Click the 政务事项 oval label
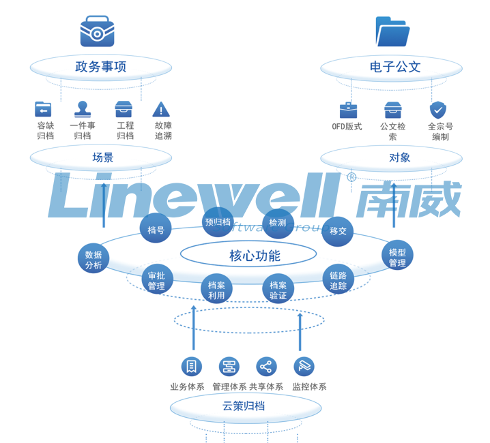100,67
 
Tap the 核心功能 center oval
248,256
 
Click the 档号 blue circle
156,230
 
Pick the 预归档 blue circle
218,222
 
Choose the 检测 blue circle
278,223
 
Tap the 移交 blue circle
338,231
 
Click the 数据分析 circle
93,260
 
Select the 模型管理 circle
397,256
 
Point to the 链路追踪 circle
338,280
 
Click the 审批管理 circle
156,280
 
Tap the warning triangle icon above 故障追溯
161,109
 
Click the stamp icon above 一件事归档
83,109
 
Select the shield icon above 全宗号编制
437,110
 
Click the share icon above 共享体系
266,367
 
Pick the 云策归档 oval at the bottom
245,407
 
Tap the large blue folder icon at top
392,31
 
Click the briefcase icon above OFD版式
348,110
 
